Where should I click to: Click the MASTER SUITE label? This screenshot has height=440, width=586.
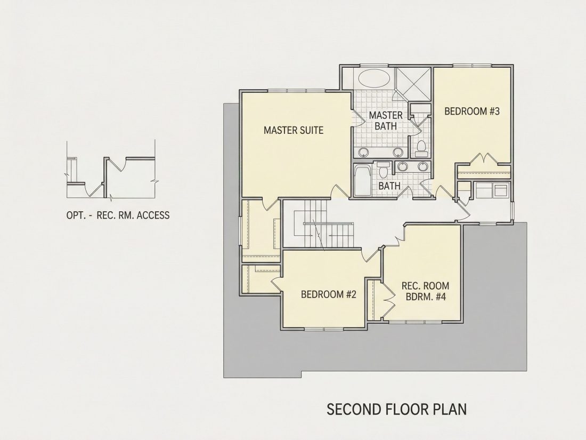click(x=294, y=130)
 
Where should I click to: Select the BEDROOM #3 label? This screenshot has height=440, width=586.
click(x=471, y=111)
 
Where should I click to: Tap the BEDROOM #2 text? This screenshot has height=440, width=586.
click(x=329, y=294)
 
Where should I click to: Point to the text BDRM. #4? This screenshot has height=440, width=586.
click(x=426, y=297)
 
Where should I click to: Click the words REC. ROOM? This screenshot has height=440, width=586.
click(x=425, y=286)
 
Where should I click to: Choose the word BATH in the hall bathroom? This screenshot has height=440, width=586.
click(x=389, y=186)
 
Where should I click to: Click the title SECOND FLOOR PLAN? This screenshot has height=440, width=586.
click(x=396, y=409)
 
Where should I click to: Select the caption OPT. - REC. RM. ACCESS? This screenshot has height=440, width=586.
click(x=118, y=215)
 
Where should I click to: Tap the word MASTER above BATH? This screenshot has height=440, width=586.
click(x=386, y=115)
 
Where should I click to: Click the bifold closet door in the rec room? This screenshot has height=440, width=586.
click(x=389, y=299)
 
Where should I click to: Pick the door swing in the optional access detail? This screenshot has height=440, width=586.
click(x=118, y=165)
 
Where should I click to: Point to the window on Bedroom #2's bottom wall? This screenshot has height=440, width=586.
click(x=323, y=329)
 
